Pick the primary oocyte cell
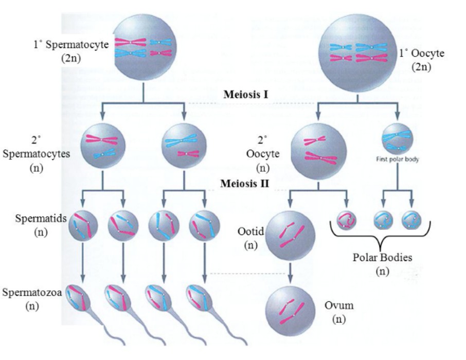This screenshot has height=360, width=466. [x=357, y=53]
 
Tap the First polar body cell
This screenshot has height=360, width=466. [x=397, y=138]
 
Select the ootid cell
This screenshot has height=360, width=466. [x=291, y=234]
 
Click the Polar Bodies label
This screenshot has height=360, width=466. [x=382, y=258]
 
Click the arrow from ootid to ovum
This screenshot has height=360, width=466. [x=291, y=271]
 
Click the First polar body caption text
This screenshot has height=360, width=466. [x=397, y=159]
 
